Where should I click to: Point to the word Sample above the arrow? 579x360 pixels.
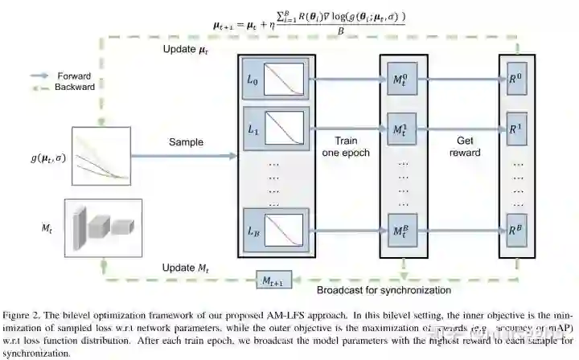186,142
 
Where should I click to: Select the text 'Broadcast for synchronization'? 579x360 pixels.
384,290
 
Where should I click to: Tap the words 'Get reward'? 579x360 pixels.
465,146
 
